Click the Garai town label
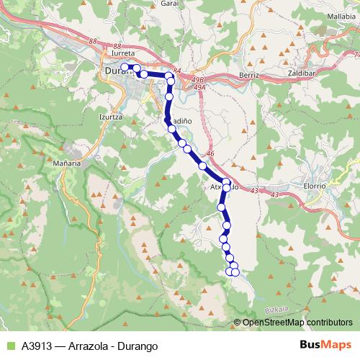click(189, 4)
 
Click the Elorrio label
click(314, 185)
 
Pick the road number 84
click(177, 71)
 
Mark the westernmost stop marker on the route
click(125, 67)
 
